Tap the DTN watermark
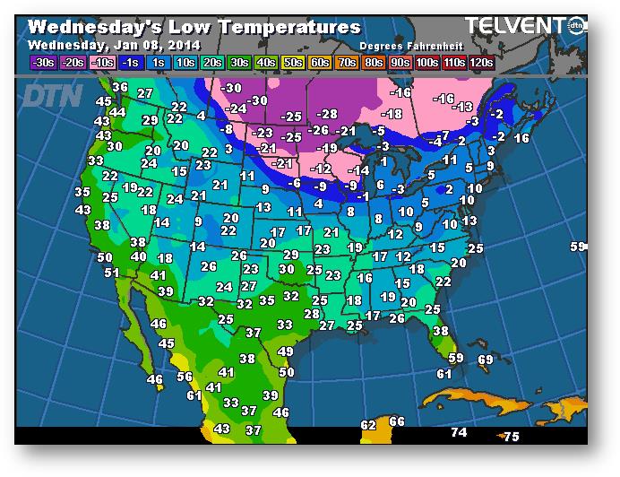(x=52, y=95)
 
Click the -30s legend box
(x=42, y=63)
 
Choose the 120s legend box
(x=480, y=63)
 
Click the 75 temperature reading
(x=512, y=437)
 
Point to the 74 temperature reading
(x=459, y=432)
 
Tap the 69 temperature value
(x=485, y=360)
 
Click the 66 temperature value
(x=397, y=421)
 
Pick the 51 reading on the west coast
(x=111, y=273)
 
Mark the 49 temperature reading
(x=286, y=352)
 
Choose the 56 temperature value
(x=185, y=377)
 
